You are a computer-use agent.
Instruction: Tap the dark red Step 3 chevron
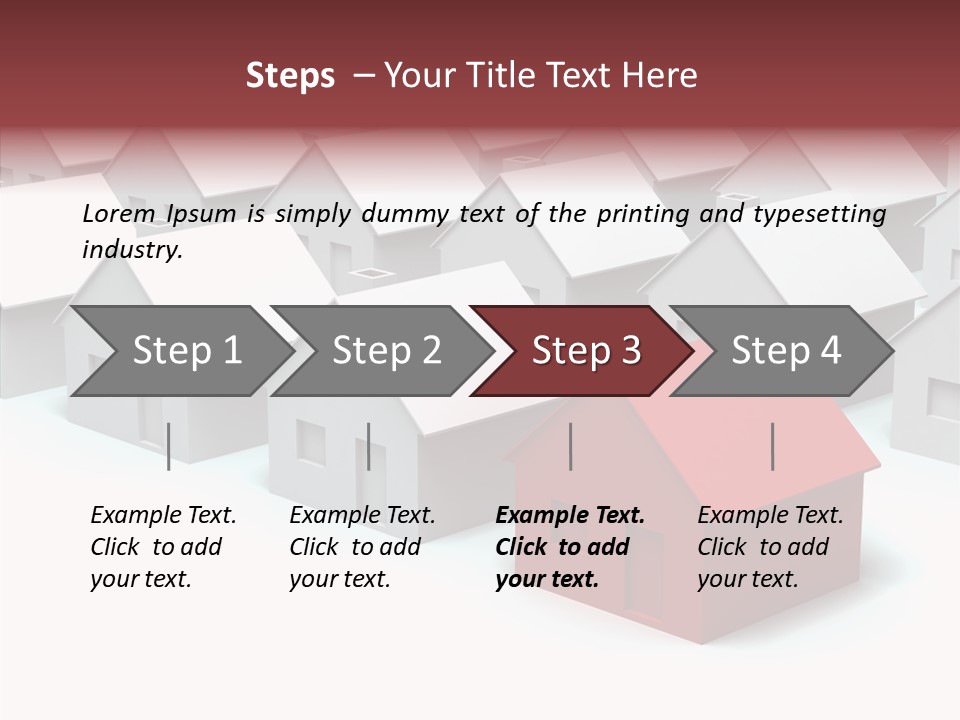(x=586, y=351)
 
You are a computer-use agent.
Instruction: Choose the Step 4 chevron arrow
(x=786, y=351)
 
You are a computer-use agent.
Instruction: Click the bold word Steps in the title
(x=290, y=76)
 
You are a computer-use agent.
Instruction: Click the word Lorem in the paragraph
(x=119, y=214)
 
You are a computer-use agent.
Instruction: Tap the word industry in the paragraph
(x=132, y=250)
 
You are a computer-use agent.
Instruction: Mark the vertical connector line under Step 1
(x=169, y=446)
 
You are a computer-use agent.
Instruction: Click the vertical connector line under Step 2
(x=369, y=446)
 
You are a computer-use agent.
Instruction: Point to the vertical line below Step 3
(x=571, y=446)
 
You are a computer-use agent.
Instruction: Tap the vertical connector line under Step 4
(x=773, y=446)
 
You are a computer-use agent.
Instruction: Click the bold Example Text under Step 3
(x=570, y=516)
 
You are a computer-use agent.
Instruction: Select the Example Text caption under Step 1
(x=163, y=516)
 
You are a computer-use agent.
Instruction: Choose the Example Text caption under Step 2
(x=362, y=516)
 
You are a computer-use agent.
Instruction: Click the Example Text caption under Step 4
(x=770, y=516)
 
